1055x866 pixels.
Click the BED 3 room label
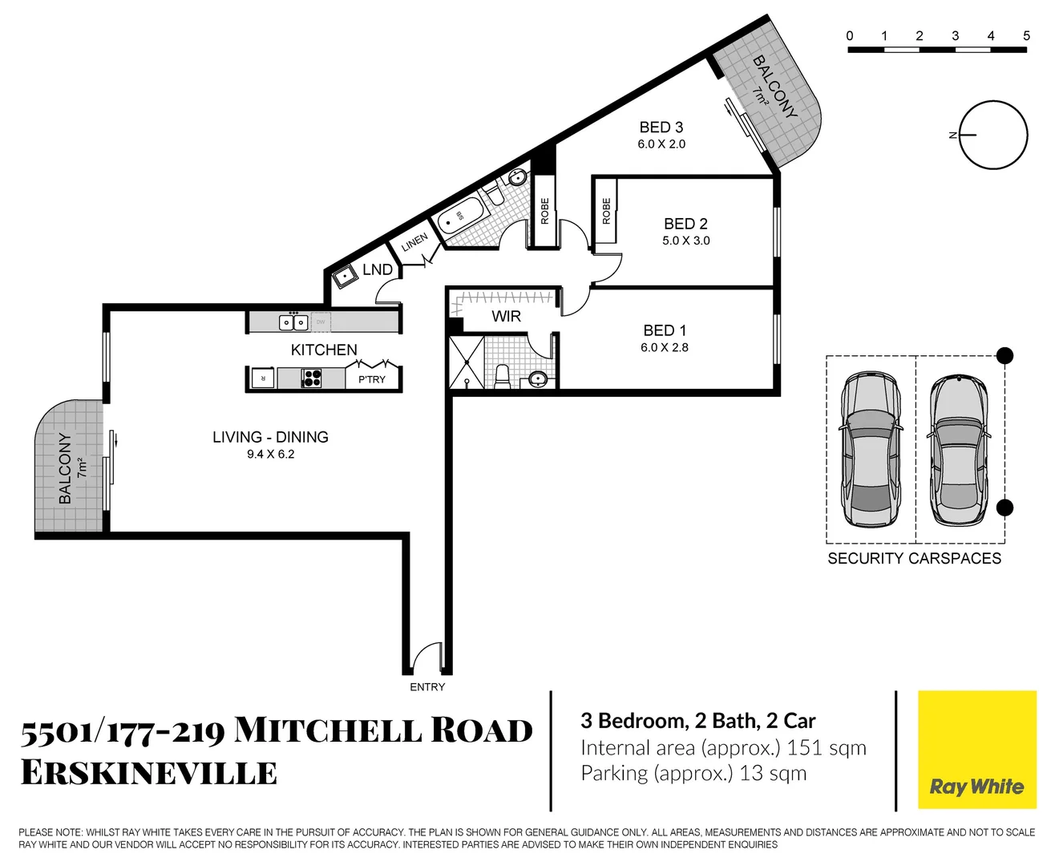tap(661, 127)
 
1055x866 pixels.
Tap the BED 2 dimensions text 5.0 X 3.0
tap(685, 241)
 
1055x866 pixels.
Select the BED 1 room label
tap(665, 330)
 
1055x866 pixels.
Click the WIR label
tap(506, 316)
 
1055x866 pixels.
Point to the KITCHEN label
tap(324, 350)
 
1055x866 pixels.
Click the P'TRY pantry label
tap(372, 379)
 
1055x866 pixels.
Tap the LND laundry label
tap(378, 269)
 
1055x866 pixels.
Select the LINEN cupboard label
tap(414, 242)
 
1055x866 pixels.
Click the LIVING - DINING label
tap(270, 437)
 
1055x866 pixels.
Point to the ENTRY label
tap(427, 687)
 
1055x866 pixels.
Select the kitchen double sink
tap(293, 322)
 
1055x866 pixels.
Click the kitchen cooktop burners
tap(311, 378)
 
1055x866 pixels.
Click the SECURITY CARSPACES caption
tap(914, 559)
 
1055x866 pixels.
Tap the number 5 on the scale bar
tap(1026, 36)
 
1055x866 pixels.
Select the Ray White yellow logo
tap(976, 750)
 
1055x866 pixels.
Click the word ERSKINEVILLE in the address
tap(149, 773)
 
